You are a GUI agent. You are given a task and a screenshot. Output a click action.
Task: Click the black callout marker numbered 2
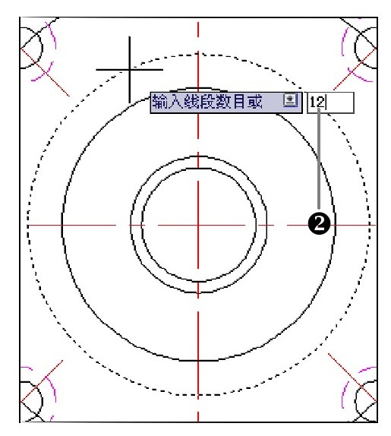320,224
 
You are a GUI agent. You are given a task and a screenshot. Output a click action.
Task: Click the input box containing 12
330,103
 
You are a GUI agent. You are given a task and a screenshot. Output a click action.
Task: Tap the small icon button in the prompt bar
290,100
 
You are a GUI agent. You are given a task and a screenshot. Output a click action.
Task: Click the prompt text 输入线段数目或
207,102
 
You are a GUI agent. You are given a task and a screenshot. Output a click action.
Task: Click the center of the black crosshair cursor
130,70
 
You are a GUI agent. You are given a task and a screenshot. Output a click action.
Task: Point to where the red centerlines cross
198,225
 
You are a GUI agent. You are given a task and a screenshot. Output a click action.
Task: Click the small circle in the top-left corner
31,48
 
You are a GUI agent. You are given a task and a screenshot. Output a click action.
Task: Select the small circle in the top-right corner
366,48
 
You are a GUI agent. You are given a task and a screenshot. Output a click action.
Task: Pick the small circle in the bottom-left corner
31,401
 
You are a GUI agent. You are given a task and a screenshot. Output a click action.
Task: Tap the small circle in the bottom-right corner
366,401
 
